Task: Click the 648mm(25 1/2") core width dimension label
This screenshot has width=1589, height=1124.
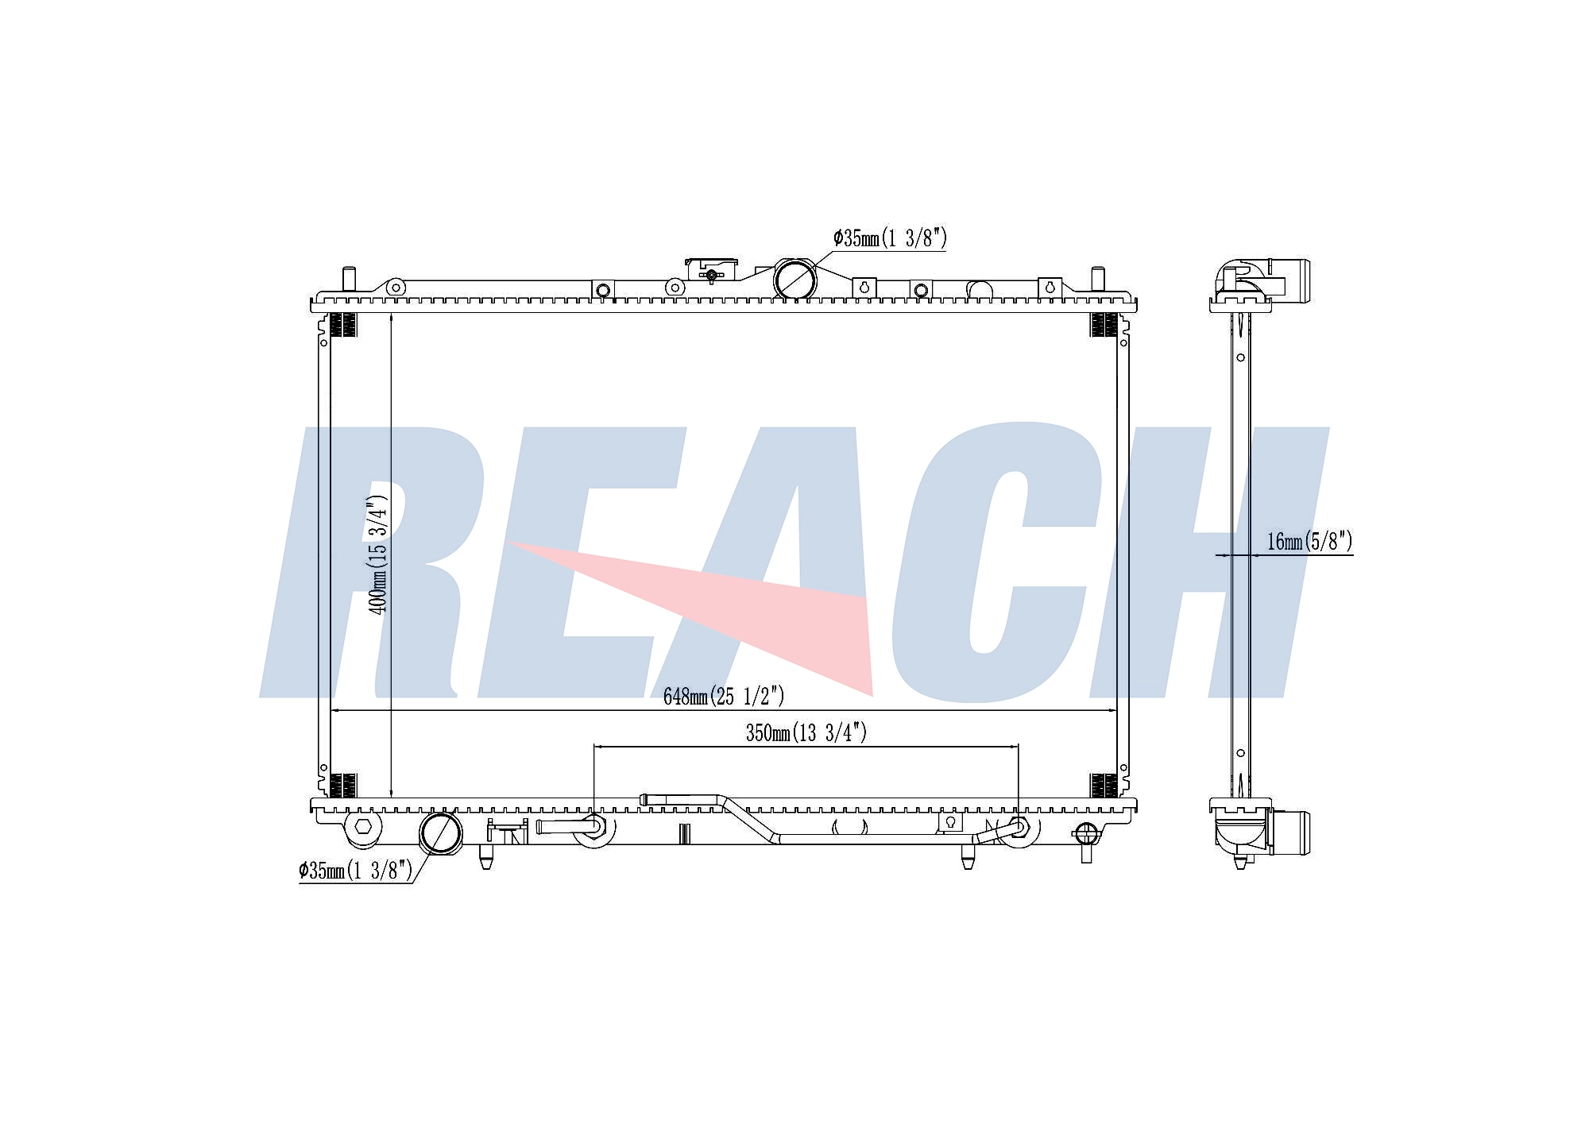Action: point(724,697)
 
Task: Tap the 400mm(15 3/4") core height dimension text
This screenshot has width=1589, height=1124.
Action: point(378,554)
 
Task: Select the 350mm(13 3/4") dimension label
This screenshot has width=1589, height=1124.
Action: point(806,732)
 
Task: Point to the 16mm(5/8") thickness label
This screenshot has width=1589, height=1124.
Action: point(1309,542)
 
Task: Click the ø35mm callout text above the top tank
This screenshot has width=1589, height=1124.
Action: point(890,238)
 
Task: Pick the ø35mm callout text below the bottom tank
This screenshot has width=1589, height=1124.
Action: point(355,871)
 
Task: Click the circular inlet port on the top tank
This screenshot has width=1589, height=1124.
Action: point(794,280)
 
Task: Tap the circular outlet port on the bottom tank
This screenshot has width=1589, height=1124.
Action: point(440,832)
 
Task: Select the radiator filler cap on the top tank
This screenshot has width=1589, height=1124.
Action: point(712,270)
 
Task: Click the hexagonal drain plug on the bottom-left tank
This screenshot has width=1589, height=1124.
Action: point(363,825)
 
